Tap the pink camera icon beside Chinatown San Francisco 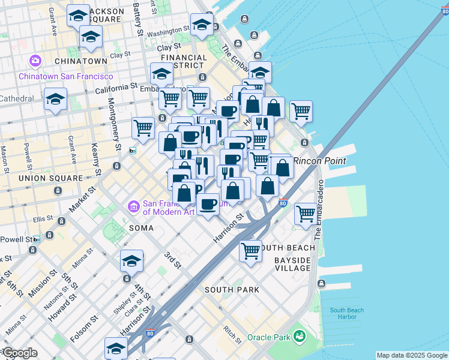click(35, 61)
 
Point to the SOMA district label click(142, 228)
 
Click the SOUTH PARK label click(232, 289)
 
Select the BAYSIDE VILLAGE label click(293, 264)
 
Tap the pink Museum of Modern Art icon click(133, 207)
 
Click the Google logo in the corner click(20, 353)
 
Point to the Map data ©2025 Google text click(412, 355)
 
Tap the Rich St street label click(231, 332)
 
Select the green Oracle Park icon click(299, 337)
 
